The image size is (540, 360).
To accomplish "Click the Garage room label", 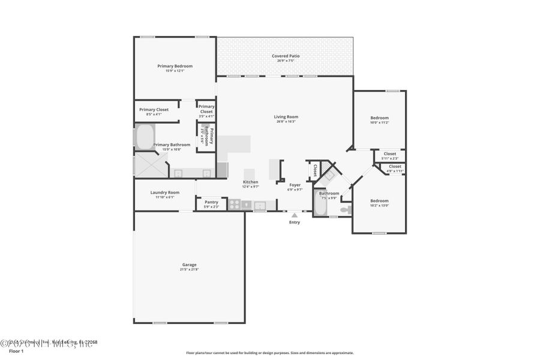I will click(x=189, y=265).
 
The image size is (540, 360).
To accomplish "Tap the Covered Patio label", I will click(x=286, y=56).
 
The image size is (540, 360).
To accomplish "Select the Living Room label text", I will click(x=286, y=117).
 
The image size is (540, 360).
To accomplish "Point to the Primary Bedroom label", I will click(x=175, y=66).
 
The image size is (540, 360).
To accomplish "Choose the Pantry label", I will click(x=211, y=202).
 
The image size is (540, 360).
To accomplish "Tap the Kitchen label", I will click(x=250, y=182).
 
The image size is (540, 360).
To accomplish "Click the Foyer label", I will click(x=295, y=185).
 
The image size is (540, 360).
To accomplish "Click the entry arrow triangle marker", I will click(x=294, y=215).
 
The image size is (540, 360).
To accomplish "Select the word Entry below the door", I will click(x=294, y=223).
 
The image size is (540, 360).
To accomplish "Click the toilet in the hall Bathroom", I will click(x=346, y=209).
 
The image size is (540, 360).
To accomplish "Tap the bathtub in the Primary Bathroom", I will click(x=145, y=137).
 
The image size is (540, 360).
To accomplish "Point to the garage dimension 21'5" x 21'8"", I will click(x=189, y=269).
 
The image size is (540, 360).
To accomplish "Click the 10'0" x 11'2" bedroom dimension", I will click(x=379, y=122).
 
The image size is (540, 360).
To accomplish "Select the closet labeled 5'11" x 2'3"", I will click(x=389, y=155).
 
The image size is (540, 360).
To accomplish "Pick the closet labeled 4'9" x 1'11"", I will click(x=395, y=169).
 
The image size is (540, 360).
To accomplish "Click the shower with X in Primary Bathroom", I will click(x=151, y=164).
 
